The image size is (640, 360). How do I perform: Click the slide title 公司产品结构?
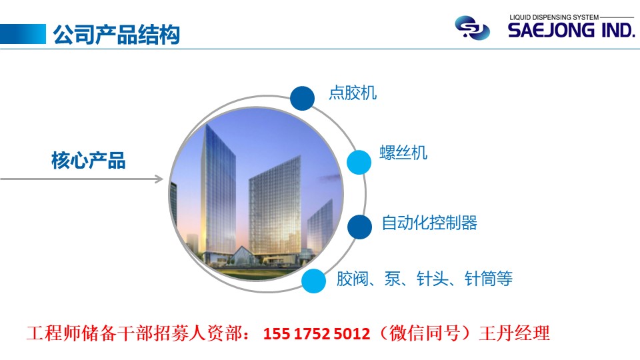click(x=116, y=34)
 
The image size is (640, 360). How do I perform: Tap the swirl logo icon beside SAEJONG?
click(x=472, y=28)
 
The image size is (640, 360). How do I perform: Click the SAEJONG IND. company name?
click(x=571, y=30)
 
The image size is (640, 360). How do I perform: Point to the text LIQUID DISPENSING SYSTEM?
click(x=554, y=17)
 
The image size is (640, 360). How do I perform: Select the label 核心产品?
click(x=88, y=161)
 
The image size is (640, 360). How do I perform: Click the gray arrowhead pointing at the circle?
click(x=159, y=179)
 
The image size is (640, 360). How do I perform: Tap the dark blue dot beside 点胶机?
click(x=303, y=99)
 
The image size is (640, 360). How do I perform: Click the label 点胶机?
click(x=353, y=93)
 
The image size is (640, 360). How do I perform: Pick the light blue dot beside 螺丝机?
click(x=359, y=162)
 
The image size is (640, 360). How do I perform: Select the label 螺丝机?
click(x=403, y=153)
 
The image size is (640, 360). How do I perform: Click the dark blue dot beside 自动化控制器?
click(x=359, y=227)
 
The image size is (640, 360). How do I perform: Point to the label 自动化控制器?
click(x=429, y=223)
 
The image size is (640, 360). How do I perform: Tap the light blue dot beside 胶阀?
click(x=313, y=281)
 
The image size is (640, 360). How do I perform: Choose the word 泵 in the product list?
click(x=392, y=279)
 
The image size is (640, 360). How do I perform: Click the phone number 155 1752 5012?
click(x=317, y=333)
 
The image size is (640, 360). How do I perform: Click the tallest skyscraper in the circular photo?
click(x=219, y=192)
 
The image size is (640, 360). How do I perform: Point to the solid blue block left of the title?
click(x=23, y=34)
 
